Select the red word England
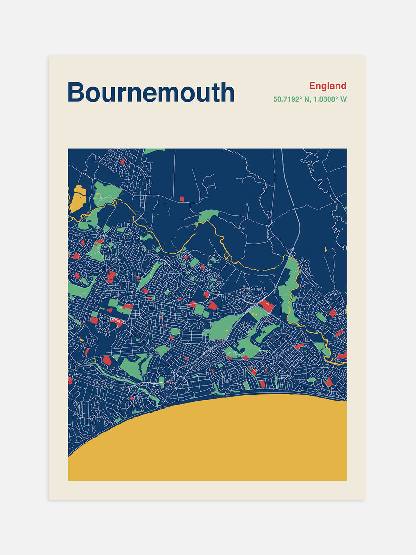click(328, 86)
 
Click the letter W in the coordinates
click(343, 99)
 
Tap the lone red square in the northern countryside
click(182, 199)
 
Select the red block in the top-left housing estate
click(122, 161)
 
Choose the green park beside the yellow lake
click(105, 193)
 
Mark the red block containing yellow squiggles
click(266, 305)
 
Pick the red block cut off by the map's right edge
click(343, 355)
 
